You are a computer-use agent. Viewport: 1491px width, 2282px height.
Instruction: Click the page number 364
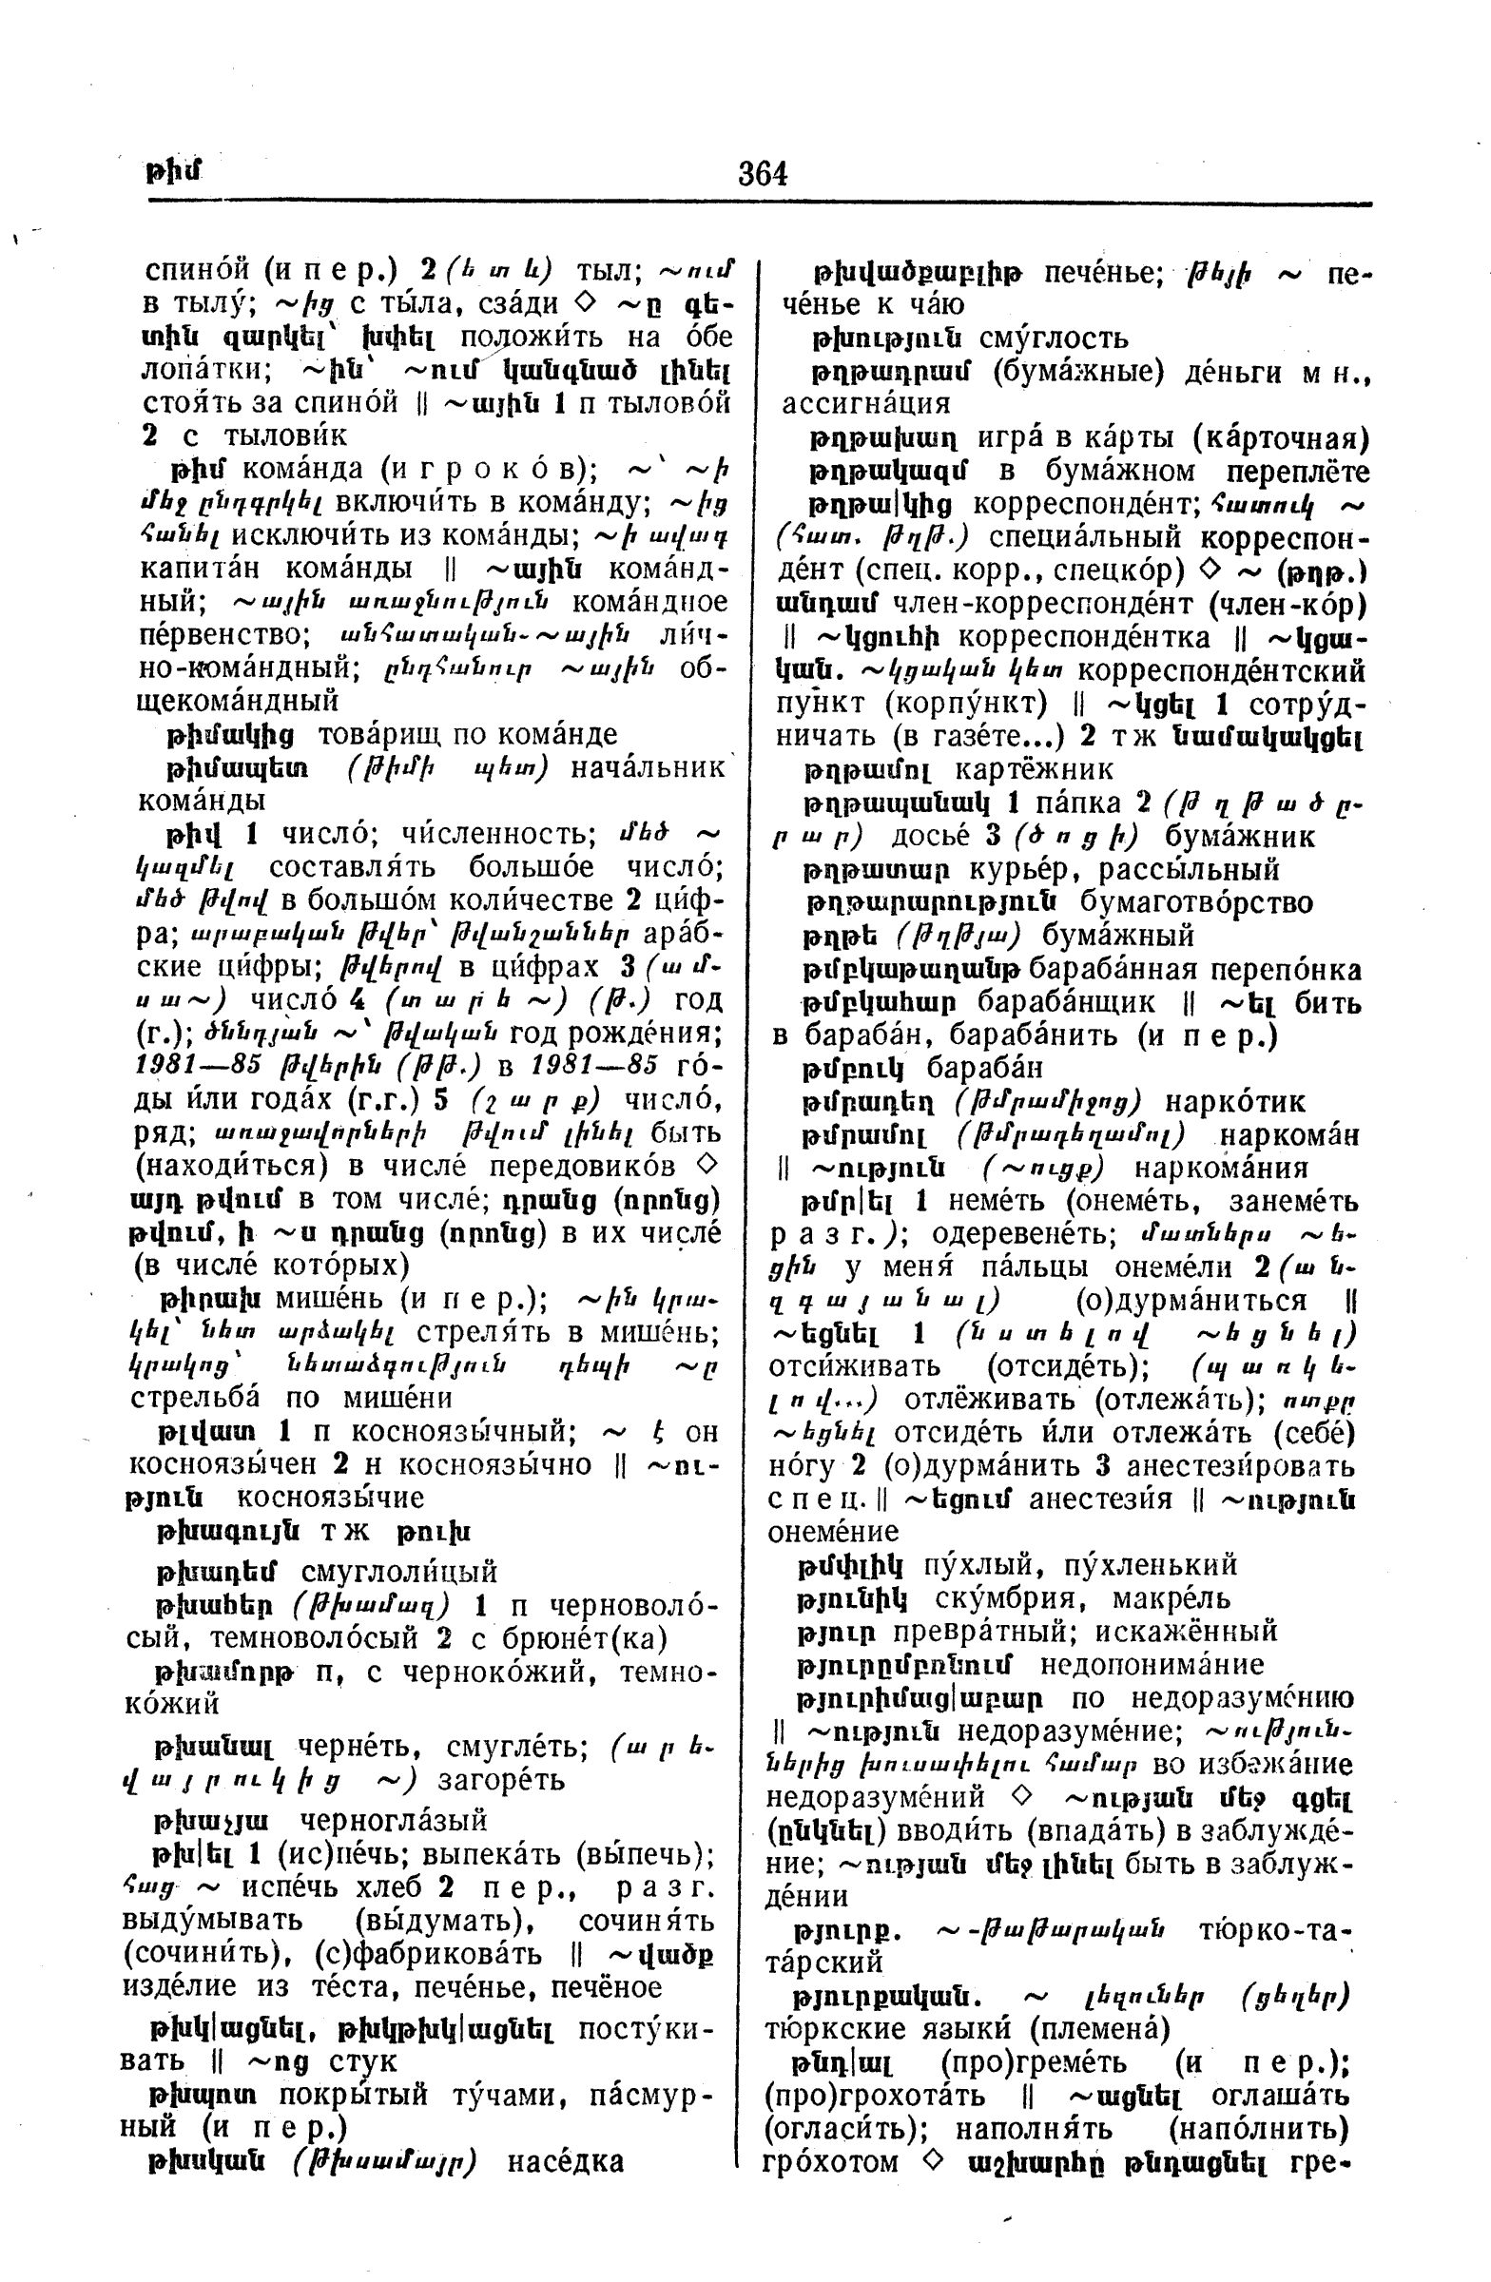coord(763,174)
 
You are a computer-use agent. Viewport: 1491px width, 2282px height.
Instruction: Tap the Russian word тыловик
coord(284,435)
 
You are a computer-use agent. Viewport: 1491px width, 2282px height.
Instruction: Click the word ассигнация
coord(867,403)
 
